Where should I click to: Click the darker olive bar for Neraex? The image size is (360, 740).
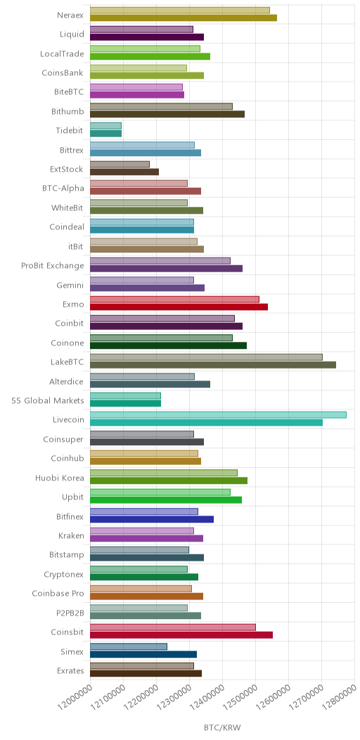pos(183,18)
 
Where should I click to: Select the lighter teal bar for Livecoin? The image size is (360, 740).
pos(218,415)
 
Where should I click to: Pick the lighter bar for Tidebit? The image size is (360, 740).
pos(105,125)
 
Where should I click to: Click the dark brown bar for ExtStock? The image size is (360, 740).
pos(124,172)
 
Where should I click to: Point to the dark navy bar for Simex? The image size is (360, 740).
pos(143,654)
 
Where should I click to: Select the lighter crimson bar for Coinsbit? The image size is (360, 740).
pos(173,627)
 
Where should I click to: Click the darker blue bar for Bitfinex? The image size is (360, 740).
pos(151,519)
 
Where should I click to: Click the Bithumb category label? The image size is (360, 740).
pos(67,112)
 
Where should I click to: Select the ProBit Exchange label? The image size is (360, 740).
pos(52,266)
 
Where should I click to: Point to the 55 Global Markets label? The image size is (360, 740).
pos(48,401)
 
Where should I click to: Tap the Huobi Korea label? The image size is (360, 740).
pos(60,478)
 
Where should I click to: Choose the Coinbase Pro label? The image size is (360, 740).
pos(58,594)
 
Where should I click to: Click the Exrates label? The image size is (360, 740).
pos(70,670)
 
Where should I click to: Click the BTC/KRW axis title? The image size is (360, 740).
pos(221,728)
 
